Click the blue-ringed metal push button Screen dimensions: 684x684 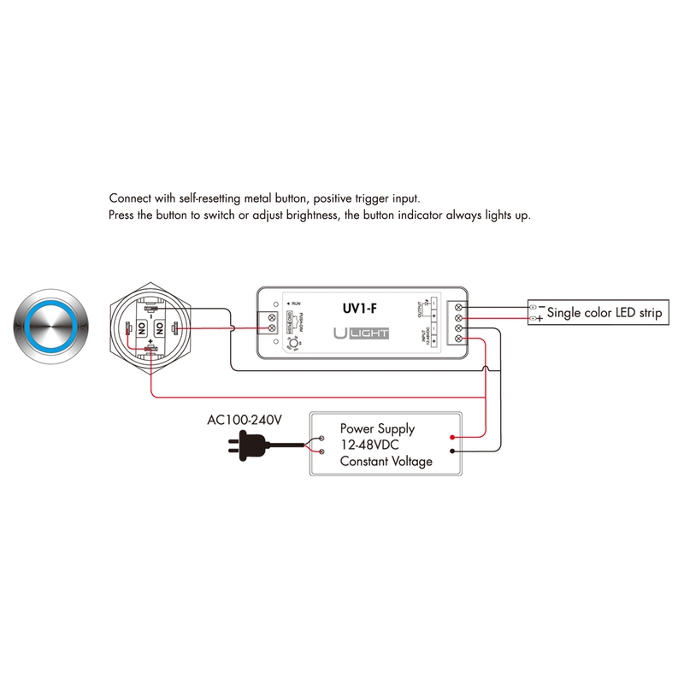(50, 327)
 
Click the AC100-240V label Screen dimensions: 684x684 (245, 421)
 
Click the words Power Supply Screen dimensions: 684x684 (377, 428)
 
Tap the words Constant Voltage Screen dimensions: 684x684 (386, 461)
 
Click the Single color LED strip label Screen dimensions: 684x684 (603, 313)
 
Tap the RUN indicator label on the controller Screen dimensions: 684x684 (294, 304)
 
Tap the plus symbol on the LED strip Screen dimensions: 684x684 (540, 318)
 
